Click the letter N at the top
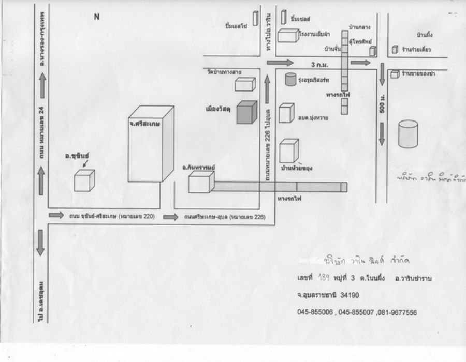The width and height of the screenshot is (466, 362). pyautogui.click(x=96, y=17)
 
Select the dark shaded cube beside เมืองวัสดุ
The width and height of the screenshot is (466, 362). pyautogui.click(x=247, y=113)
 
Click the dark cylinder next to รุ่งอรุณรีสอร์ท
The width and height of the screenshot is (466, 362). pyautogui.click(x=290, y=79)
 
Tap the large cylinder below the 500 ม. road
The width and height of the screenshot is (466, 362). pyautogui.click(x=407, y=133)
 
